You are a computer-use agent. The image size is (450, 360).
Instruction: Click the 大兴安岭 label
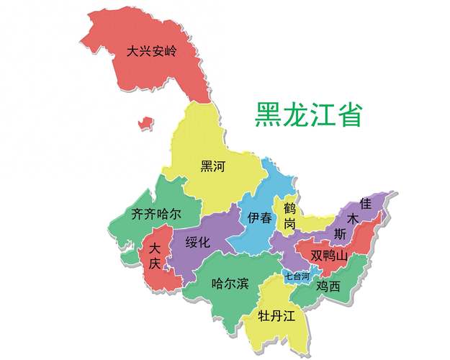pos(152,52)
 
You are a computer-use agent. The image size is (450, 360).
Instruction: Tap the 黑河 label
pos(213,167)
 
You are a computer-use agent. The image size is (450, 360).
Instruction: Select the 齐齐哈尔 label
pos(156,214)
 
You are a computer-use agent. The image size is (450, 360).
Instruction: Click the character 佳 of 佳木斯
pos(366,204)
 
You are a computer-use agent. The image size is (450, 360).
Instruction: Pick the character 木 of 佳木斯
pos(353,218)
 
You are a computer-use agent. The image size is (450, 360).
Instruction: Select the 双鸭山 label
pos(329,256)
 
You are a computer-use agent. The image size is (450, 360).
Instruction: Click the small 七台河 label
pos(297,276)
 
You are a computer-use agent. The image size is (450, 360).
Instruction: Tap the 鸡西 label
pos(328,286)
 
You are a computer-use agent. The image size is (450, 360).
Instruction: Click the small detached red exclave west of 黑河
pos(146,123)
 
